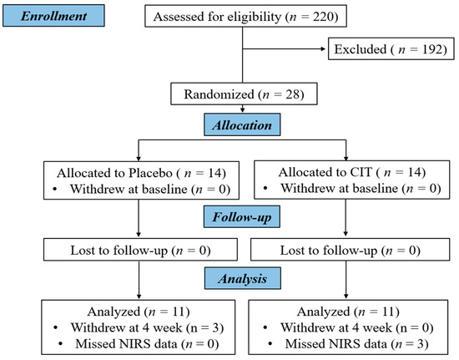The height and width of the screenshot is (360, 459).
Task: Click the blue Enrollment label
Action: pyautogui.click(x=53, y=16)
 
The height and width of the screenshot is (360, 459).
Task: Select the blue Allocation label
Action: pyautogui.click(x=242, y=124)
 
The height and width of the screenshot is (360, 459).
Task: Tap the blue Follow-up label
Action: pyautogui.click(x=242, y=217)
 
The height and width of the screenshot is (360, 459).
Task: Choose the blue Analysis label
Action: pyautogui.click(x=242, y=278)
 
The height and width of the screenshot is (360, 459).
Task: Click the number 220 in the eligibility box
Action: pyautogui.click(x=323, y=17)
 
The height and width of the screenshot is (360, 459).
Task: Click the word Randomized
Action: pyautogui.click(x=219, y=94)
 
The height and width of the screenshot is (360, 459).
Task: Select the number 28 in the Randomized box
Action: pyautogui.click(x=293, y=94)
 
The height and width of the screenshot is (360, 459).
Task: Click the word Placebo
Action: pyautogui.click(x=150, y=173)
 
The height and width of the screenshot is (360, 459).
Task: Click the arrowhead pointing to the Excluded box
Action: pyautogui.click(x=323, y=49)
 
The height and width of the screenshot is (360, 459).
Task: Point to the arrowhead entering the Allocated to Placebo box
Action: pyautogui.click(x=139, y=159)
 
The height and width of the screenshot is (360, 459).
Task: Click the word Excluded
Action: pyautogui.click(x=361, y=49)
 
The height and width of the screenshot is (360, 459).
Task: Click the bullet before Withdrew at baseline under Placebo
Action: pyautogui.click(x=55, y=190)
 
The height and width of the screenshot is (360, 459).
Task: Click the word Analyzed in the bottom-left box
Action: pyautogui.click(x=113, y=312)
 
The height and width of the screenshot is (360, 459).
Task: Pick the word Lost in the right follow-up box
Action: pyautogui.click(x=292, y=251)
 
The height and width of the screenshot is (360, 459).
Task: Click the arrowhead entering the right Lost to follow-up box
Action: pyautogui.click(x=346, y=234)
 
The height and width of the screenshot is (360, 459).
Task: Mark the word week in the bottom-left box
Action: pyautogui.click(x=168, y=327)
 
